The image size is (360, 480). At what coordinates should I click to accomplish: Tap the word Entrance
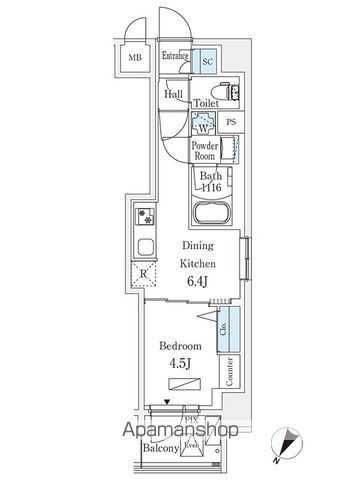(175, 57)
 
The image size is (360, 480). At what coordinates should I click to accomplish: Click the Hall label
(172, 94)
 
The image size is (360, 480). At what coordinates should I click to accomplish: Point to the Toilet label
(206, 103)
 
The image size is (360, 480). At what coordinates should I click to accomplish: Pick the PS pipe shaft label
(231, 123)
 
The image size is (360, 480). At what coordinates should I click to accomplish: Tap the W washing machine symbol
(202, 125)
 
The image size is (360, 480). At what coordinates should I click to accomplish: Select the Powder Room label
(205, 151)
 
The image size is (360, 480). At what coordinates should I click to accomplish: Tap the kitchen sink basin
(143, 247)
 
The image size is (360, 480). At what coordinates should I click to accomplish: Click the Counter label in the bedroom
(229, 372)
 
